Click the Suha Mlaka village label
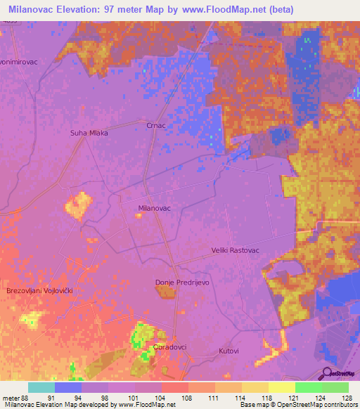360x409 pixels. [89, 132]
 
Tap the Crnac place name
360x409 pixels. [155, 125]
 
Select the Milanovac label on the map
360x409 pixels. [155, 208]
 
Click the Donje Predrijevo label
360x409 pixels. [182, 283]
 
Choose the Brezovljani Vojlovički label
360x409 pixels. [40, 290]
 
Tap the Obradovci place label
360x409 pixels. [168, 348]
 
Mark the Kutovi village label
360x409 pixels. [229, 350]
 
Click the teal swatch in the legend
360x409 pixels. [41, 387]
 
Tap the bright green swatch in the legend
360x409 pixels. [308, 387]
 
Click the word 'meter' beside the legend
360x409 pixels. [12, 398]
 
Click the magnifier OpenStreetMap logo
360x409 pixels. [328, 373]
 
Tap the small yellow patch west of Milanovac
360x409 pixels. [78, 204]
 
